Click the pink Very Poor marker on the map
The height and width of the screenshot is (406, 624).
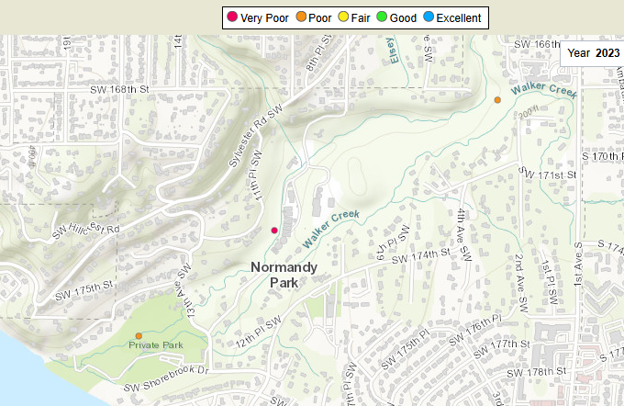(274, 230)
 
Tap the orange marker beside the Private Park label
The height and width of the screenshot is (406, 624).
(138, 335)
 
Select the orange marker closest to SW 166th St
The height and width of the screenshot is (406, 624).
(497, 99)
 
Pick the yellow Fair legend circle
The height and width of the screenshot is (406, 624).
(367, 17)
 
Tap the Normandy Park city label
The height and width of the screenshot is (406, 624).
(284, 275)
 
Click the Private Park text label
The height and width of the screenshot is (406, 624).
(156, 345)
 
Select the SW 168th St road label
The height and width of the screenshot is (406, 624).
(119, 89)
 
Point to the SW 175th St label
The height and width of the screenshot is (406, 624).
(85, 296)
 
